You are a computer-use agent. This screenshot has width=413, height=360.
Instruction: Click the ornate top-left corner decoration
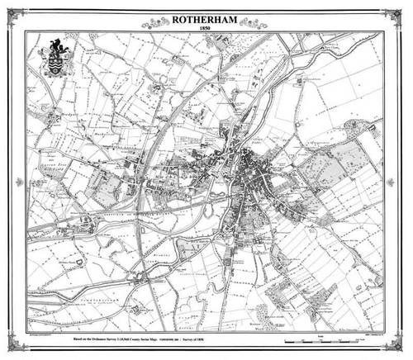click(14, 14)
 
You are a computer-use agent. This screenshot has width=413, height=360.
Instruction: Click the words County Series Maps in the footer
click(176, 339)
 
